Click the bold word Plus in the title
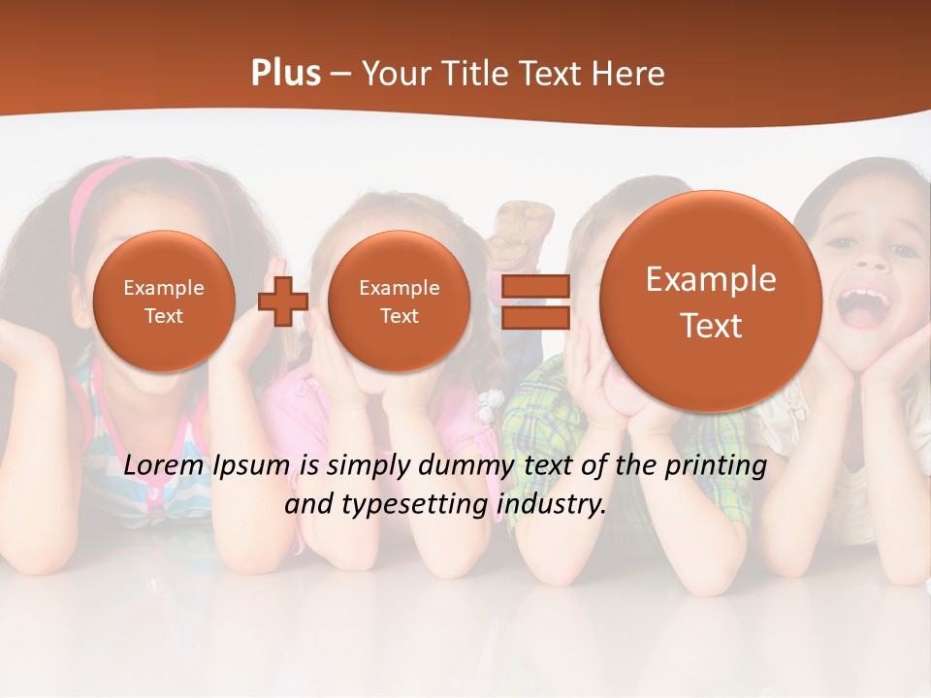285,74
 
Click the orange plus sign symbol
283,301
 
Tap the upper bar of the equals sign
534,286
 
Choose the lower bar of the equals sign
534,317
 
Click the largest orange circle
711,301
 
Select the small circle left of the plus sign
164,301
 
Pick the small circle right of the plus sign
399,301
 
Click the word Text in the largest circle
711,326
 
